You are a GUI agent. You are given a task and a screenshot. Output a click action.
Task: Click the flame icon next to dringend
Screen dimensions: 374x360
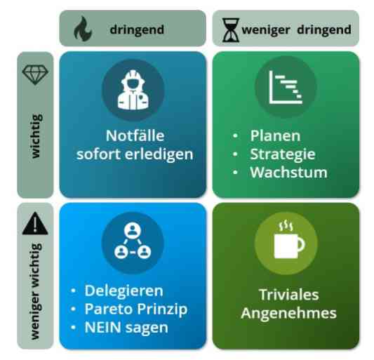(83, 29)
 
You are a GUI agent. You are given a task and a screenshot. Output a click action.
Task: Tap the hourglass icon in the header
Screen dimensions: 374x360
(230, 30)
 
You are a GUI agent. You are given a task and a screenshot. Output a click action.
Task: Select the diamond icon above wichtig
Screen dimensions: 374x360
(35, 75)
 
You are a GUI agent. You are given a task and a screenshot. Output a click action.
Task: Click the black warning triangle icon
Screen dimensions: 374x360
(35, 223)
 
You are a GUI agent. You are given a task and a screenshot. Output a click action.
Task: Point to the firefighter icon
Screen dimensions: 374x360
(133, 90)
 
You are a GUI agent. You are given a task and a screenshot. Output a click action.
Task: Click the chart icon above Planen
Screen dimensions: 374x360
(286, 87)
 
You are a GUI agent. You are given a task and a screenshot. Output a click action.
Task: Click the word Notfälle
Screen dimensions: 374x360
(135, 135)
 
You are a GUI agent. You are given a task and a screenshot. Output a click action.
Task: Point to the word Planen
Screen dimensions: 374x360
(275, 136)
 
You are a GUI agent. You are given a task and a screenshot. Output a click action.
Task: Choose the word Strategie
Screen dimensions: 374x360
(283, 154)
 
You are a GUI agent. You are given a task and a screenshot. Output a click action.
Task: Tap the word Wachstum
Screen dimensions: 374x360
(288, 172)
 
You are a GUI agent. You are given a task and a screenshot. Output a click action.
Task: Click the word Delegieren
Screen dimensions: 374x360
(123, 291)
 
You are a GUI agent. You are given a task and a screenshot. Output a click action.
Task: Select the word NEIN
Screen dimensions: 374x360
(103, 327)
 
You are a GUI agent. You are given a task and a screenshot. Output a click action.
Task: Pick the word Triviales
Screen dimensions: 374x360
(289, 295)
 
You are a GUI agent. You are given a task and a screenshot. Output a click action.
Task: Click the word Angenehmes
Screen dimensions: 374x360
(288, 313)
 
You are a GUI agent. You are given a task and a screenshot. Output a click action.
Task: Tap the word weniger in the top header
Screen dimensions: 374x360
(266, 30)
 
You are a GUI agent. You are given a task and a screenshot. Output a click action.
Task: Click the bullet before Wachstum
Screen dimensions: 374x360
(235, 172)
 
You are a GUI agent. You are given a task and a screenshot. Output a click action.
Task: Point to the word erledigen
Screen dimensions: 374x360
(159, 154)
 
